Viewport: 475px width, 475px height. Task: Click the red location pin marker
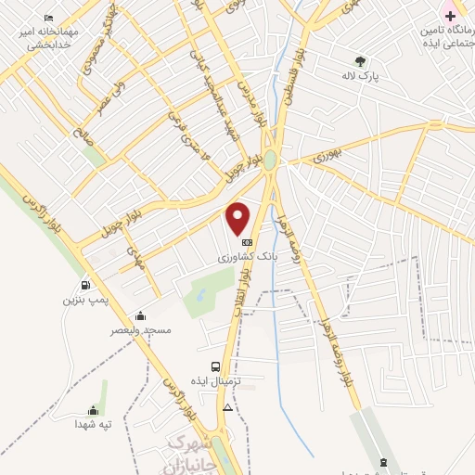[238, 217]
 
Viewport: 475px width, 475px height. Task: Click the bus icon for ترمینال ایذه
[216, 366]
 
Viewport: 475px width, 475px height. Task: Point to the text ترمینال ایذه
[216, 381]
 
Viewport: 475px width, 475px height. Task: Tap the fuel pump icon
[85, 286]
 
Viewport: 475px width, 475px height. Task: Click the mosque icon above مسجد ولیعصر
[140, 315]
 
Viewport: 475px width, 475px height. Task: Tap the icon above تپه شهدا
[93, 410]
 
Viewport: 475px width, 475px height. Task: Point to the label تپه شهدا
[93, 424]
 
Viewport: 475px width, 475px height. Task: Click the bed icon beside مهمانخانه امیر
[49, 18]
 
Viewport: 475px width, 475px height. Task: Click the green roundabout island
[270, 160]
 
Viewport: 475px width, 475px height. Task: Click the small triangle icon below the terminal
[228, 407]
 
